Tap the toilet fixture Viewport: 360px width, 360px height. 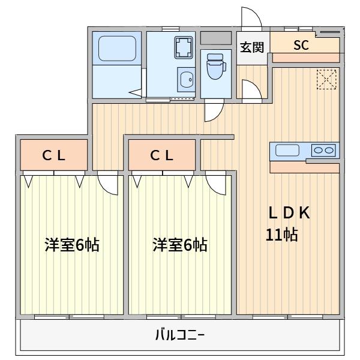tap(214, 67)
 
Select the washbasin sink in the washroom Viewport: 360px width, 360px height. tap(186, 79)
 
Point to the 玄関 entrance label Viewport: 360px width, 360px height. tap(253, 47)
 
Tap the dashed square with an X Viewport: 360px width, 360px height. tap(327, 79)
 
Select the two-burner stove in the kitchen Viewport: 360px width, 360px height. tap(323, 151)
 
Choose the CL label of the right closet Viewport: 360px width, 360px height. tap(161, 155)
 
